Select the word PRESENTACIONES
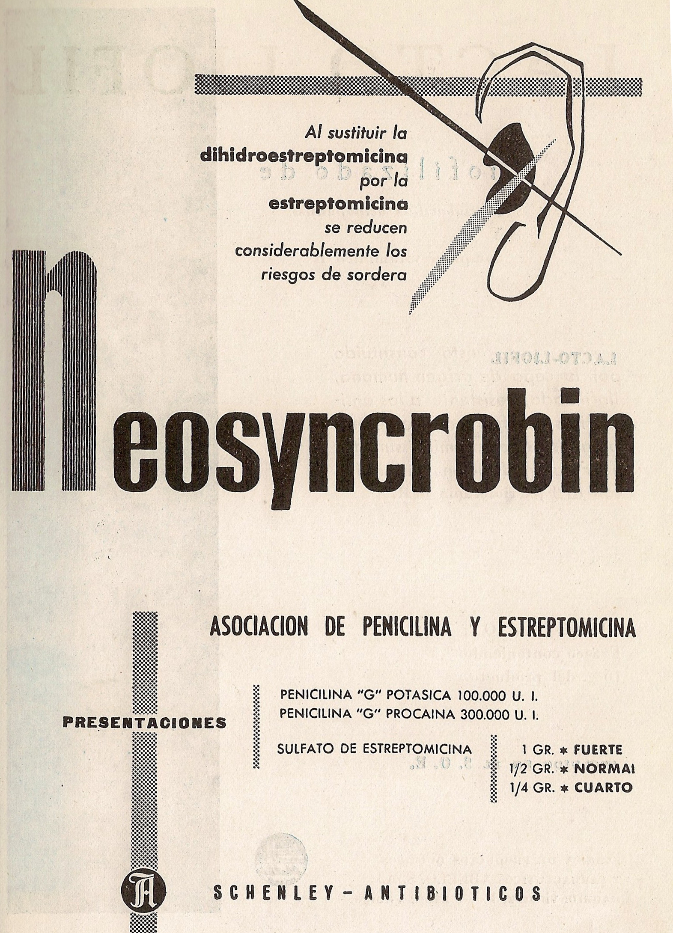pyautogui.click(x=144, y=723)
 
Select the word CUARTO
pyautogui.click(x=603, y=787)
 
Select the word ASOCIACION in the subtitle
pyautogui.click(x=259, y=628)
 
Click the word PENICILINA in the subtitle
pyautogui.click(x=407, y=628)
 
